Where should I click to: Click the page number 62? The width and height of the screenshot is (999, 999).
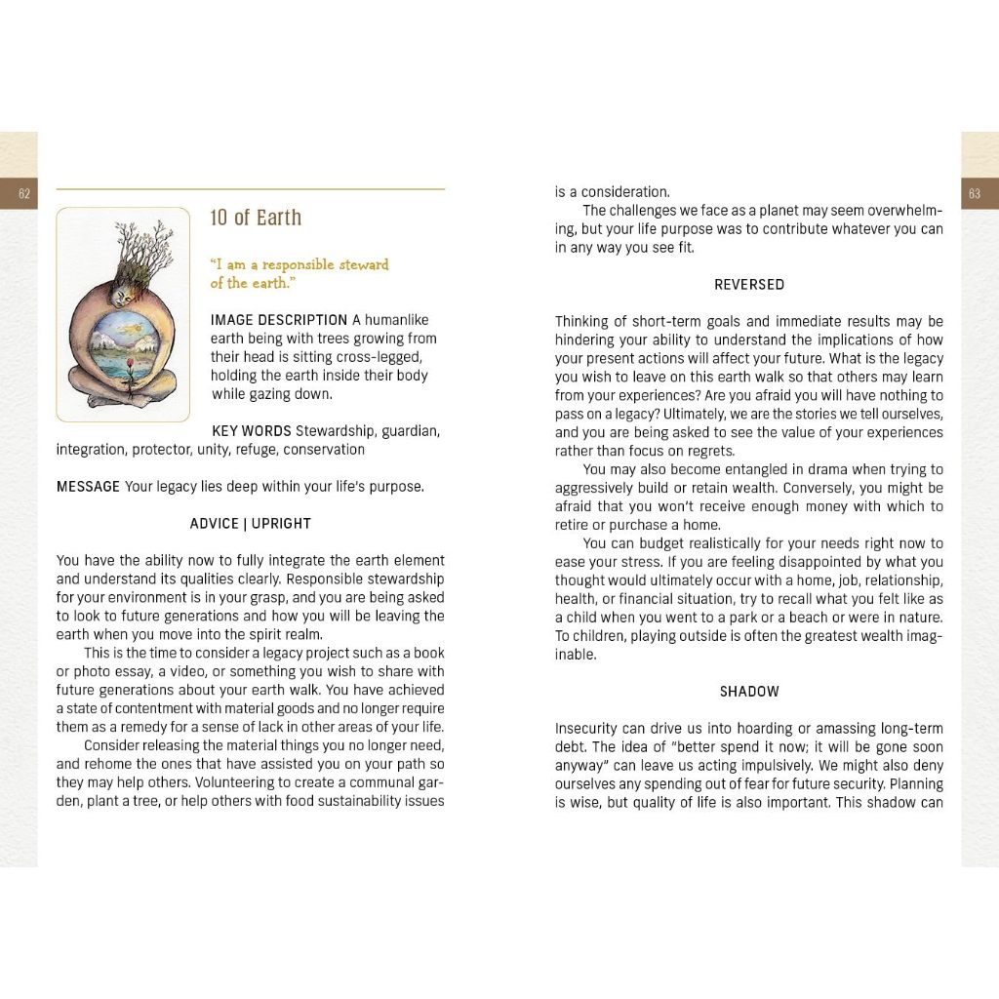[x=24, y=194]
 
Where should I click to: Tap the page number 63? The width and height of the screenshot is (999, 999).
[x=974, y=194]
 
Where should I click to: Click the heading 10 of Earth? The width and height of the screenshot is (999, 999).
[x=256, y=218]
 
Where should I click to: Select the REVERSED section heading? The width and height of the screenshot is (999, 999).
[x=749, y=285]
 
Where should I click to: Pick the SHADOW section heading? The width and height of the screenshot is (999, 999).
[x=749, y=692]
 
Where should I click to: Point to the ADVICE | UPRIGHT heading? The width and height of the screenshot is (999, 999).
[x=250, y=524]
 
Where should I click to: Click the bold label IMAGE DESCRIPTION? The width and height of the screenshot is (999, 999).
[x=279, y=320]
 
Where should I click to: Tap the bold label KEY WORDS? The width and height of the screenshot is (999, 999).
[x=251, y=431]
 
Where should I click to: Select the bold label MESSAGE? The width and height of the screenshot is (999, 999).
[x=88, y=487]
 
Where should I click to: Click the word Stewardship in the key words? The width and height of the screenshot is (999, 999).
[x=336, y=431]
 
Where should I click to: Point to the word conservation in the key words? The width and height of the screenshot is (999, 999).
[x=324, y=450]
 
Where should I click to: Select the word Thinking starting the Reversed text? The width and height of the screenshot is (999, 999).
[x=582, y=322]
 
